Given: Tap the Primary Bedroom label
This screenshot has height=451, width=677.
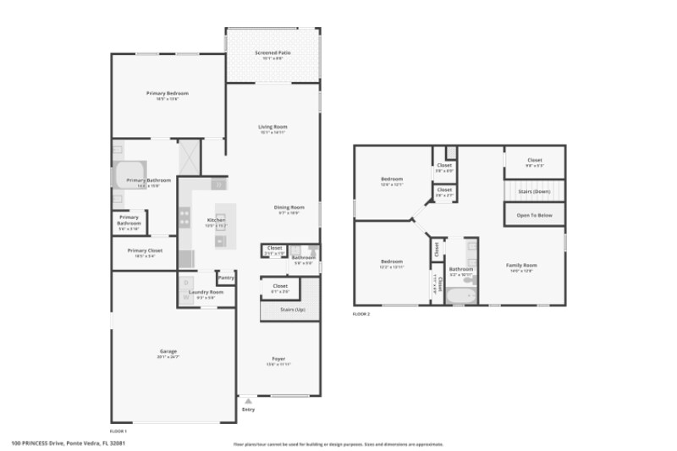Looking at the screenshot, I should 167,93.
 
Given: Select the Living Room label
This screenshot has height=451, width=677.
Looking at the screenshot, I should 272,127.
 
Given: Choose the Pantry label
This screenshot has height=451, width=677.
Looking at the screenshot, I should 226,277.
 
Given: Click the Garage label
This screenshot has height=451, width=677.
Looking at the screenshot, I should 168,351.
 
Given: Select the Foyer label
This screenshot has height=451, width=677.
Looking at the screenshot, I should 278,359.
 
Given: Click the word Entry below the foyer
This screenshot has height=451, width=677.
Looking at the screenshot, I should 248,409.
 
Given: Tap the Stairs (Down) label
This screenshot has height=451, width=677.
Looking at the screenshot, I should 534,191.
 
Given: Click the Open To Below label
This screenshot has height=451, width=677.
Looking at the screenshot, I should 534,215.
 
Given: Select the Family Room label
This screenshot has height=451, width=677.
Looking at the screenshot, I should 521,265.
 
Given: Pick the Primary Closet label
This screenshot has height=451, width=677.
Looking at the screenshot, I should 145,250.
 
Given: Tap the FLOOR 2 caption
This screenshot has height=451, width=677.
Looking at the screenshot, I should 361,314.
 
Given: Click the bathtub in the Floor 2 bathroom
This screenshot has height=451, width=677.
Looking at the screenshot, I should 461,296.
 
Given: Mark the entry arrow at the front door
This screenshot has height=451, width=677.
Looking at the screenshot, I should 247,400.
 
